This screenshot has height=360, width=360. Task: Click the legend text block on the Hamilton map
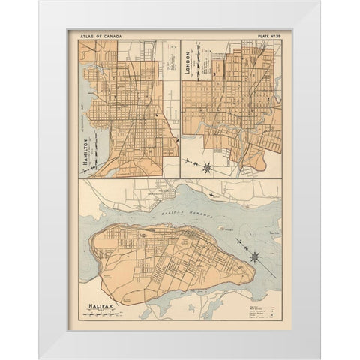tap(170, 75)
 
